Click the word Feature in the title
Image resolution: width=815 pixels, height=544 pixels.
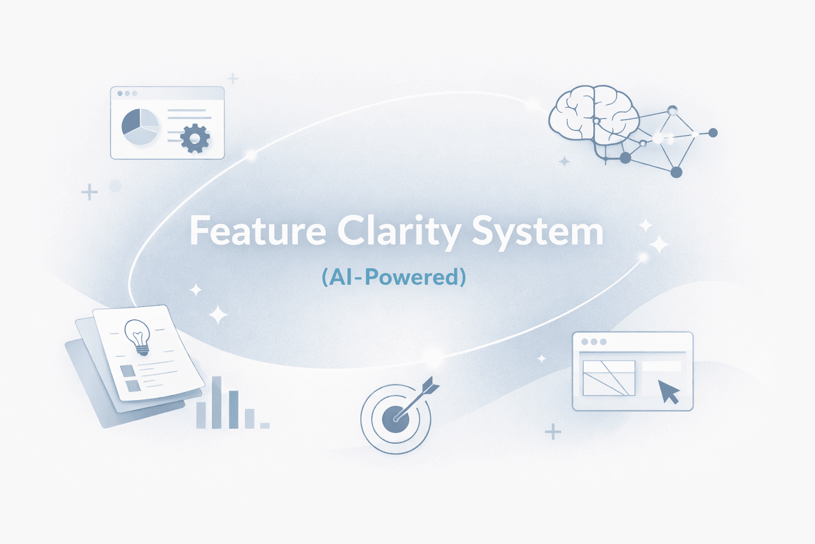tap(258, 232)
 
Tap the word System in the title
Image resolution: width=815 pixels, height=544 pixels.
tap(537, 232)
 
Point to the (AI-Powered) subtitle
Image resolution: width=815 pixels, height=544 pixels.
tap(394, 277)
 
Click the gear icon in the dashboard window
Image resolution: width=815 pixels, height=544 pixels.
tap(195, 138)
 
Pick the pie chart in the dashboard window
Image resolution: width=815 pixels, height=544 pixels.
tap(140, 126)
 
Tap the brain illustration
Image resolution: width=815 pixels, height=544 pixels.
tap(593, 115)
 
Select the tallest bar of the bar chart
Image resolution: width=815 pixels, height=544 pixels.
tap(216, 402)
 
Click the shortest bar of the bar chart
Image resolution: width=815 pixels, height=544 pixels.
tap(264, 426)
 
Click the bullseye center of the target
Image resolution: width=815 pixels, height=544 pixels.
tap(396, 419)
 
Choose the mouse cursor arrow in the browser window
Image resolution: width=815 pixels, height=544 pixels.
tap(668, 392)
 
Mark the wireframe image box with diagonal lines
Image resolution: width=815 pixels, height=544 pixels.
tap(609, 378)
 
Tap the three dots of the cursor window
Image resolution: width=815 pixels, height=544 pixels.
tap(594, 342)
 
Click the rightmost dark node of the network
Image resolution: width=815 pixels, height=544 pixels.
tap(713, 133)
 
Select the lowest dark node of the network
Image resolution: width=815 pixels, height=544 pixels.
tap(676, 172)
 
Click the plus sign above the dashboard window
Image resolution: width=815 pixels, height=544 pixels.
tap(232, 79)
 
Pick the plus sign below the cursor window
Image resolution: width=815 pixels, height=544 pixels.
tap(553, 432)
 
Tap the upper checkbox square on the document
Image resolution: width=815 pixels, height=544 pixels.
tap(127, 370)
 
